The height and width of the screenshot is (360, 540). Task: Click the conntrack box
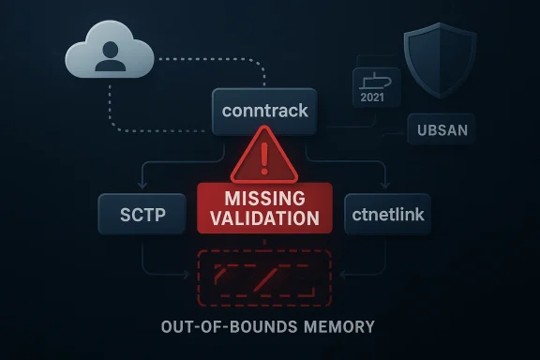(265, 112)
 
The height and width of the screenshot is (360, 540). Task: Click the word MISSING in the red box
(264, 200)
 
